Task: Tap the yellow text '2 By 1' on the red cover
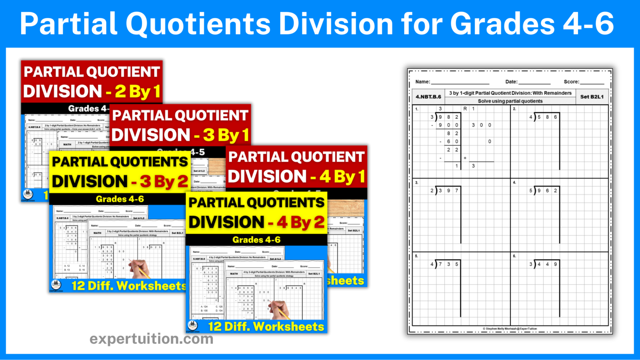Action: tap(138, 92)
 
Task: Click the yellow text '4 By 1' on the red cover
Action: tap(342, 177)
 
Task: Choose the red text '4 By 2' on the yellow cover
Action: tap(301, 222)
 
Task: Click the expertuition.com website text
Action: tap(151, 339)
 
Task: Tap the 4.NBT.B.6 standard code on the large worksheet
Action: tap(428, 97)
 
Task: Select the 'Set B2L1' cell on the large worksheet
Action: tap(592, 97)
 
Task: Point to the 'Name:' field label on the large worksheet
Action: tap(422, 82)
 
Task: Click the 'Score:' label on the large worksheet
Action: tap(571, 82)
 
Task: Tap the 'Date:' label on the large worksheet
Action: tap(511, 82)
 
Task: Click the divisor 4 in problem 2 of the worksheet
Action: tap(531, 117)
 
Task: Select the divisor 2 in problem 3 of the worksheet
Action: tap(432, 191)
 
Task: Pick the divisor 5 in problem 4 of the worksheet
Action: tap(531, 191)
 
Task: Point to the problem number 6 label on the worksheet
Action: tap(515, 256)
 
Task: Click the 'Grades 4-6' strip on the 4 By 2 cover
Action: tap(256, 240)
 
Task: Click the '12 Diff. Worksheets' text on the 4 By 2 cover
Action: tap(266, 326)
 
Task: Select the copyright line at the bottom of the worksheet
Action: tap(510, 329)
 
